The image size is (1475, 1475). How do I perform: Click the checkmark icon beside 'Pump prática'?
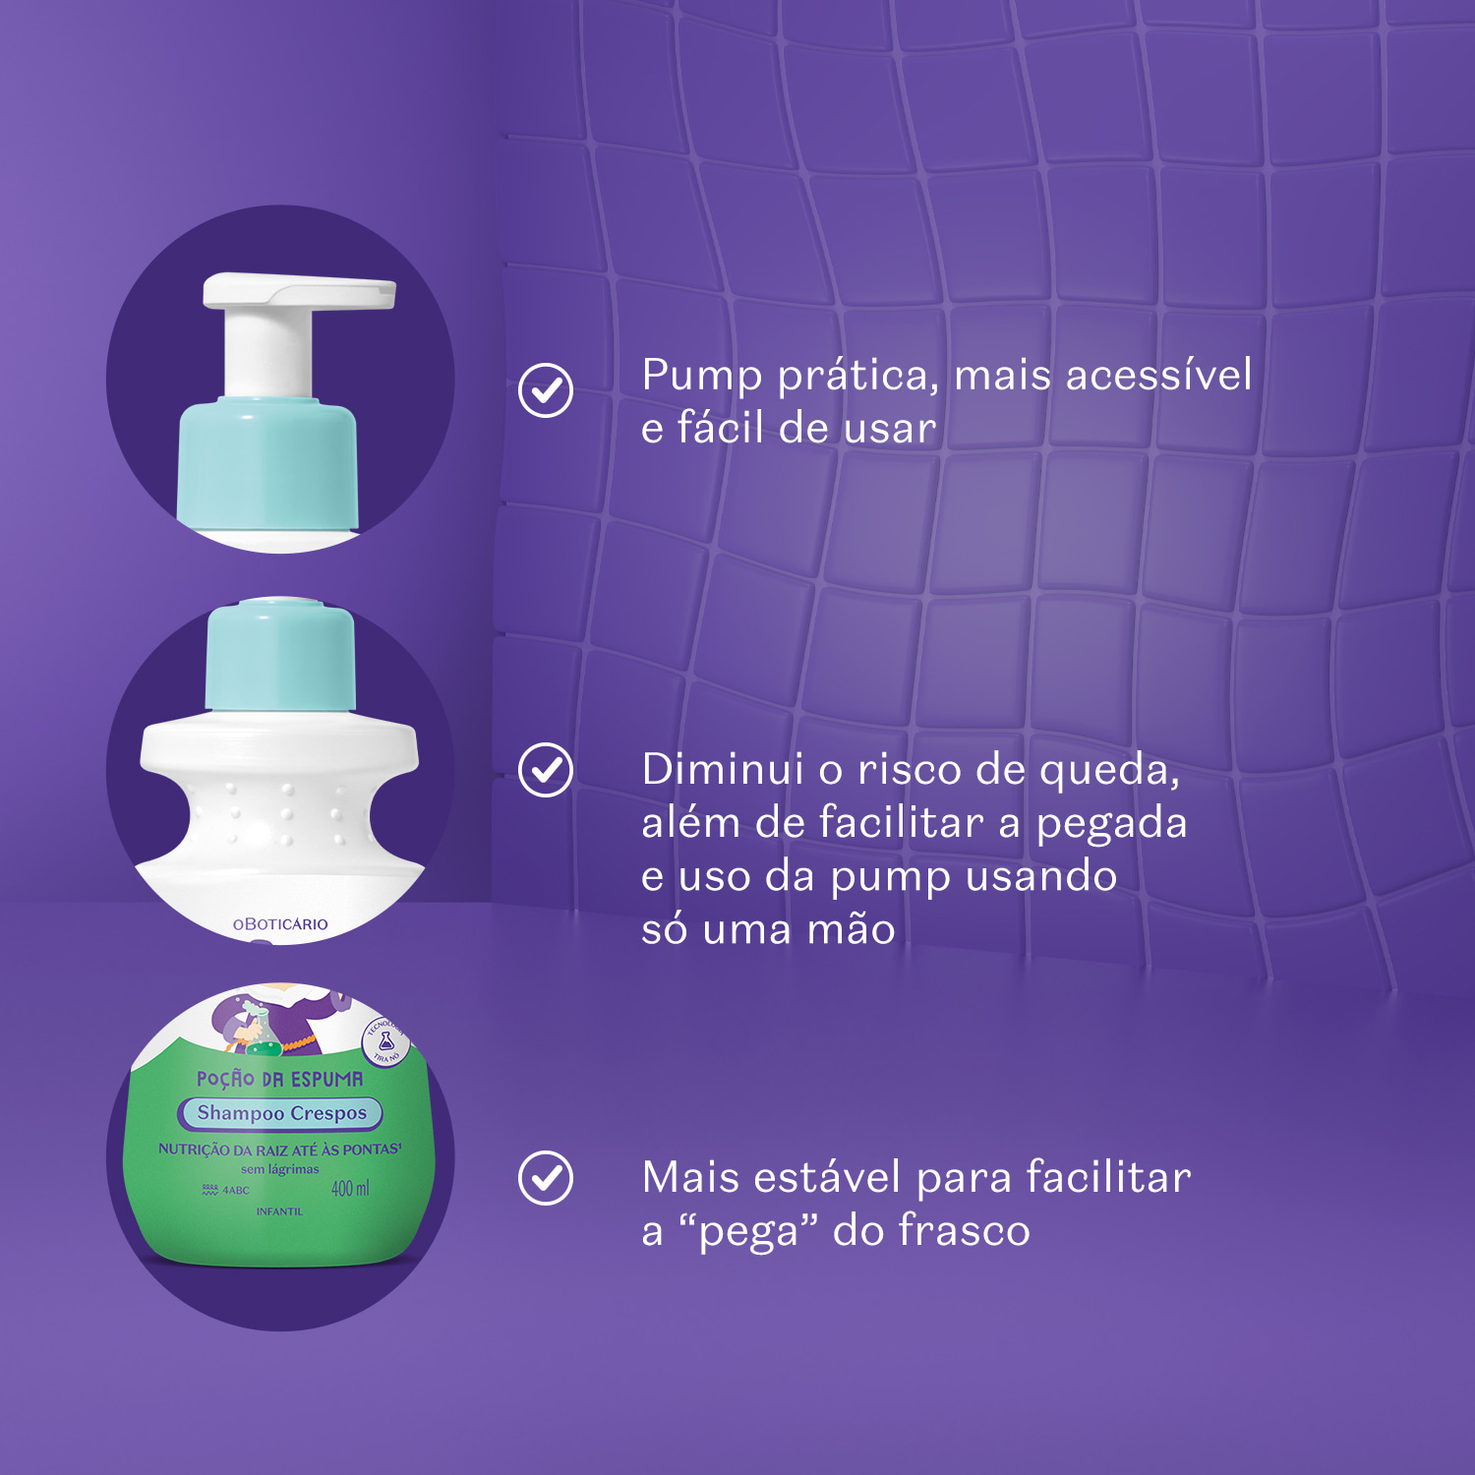click(x=546, y=390)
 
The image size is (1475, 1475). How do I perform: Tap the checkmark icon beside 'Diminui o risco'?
click(x=546, y=769)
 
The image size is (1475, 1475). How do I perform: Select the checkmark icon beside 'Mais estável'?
click(x=546, y=1178)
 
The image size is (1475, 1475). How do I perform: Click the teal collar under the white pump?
click(x=267, y=462)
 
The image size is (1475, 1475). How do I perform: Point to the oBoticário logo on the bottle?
click(x=280, y=924)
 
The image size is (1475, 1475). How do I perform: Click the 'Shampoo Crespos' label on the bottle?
click(x=281, y=1113)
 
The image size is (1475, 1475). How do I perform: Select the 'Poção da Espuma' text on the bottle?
click(x=280, y=1079)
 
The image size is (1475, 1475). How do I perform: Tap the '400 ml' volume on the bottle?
click(x=350, y=1189)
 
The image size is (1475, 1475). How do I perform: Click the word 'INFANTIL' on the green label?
click(x=279, y=1211)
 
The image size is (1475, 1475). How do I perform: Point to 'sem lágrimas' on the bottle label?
click(x=280, y=1169)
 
